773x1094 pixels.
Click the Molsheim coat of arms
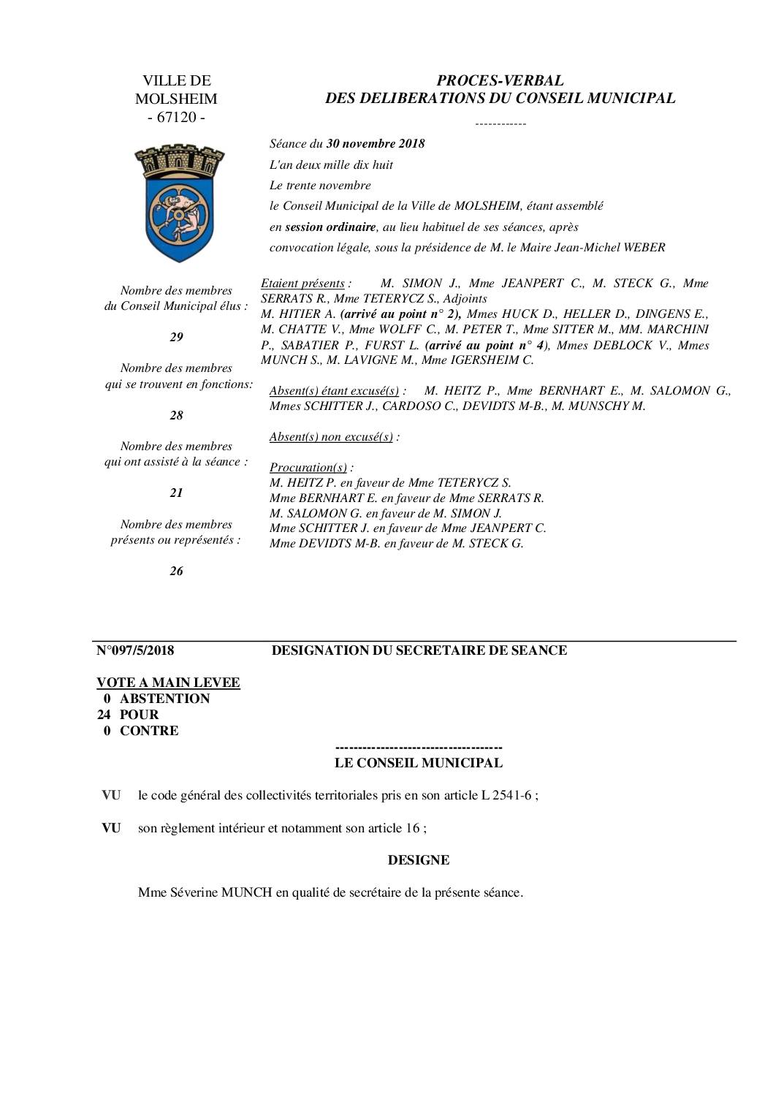(x=176, y=202)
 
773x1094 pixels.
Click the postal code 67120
(x=176, y=117)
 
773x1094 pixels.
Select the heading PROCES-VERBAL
(x=500, y=81)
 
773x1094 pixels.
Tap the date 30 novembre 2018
(x=376, y=144)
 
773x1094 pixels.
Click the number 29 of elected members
(x=176, y=337)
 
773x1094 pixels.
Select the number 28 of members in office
(x=176, y=415)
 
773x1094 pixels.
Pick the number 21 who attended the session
(x=176, y=493)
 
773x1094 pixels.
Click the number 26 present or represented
(x=176, y=571)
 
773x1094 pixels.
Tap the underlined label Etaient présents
(x=302, y=284)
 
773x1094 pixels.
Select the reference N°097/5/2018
(x=135, y=650)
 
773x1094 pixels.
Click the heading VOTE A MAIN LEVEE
(x=168, y=683)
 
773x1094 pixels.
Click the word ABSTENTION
(x=164, y=699)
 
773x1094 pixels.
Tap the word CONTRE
(x=149, y=731)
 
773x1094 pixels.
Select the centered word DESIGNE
(x=419, y=860)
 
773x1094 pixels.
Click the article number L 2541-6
(x=507, y=795)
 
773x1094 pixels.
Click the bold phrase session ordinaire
(x=330, y=227)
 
